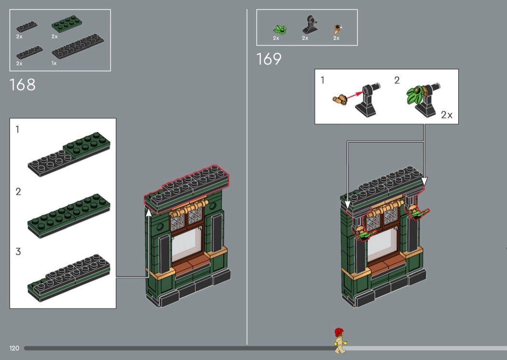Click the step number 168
[22, 84]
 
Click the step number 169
[268, 59]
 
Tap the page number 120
[14, 348]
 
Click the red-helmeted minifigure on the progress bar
[339, 341]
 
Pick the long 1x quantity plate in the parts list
[78, 46]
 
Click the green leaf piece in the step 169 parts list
[280, 30]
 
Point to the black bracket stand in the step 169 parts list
[310, 25]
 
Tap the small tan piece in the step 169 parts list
[338, 29]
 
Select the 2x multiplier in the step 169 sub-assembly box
[447, 115]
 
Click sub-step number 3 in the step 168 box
[18, 251]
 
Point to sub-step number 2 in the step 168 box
[18, 192]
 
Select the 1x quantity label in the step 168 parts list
[54, 63]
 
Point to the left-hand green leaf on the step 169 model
[367, 235]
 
